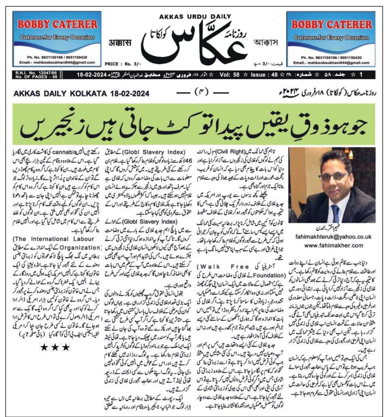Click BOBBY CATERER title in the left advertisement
coord(58,24)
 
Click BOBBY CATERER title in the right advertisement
coord(331,25)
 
